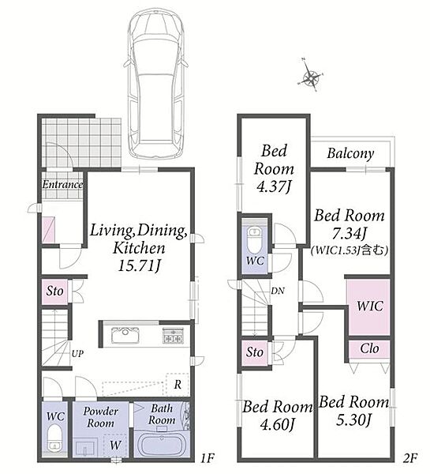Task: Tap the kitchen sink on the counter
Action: pyautogui.click(x=125, y=335)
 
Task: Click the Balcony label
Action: pyautogui.click(x=350, y=153)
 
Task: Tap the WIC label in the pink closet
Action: pyautogui.click(x=369, y=306)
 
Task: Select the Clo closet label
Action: pyautogui.click(x=369, y=348)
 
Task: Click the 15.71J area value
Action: pyautogui.click(x=139, y=266)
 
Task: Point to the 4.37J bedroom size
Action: pyautogui.click(x=274, y=186)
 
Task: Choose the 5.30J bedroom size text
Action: pyautogui.click(x=353, y=419)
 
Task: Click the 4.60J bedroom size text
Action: pyautogui.click(x=277, y=424)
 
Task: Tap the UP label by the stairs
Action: pyautogui.click(x=77, y=353)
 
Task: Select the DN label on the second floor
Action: pyautogui.click(x=278, y=291)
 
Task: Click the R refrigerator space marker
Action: pyautogui.click(x=178, y=385)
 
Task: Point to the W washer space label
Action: pyautogui.click(x=115, y=445)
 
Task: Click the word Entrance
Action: pyautogui.click(x=62, y=184)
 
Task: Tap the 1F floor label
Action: pyautogui.click(x=207, y=458)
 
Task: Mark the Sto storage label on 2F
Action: pyautogui.click(x=255, y=352)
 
